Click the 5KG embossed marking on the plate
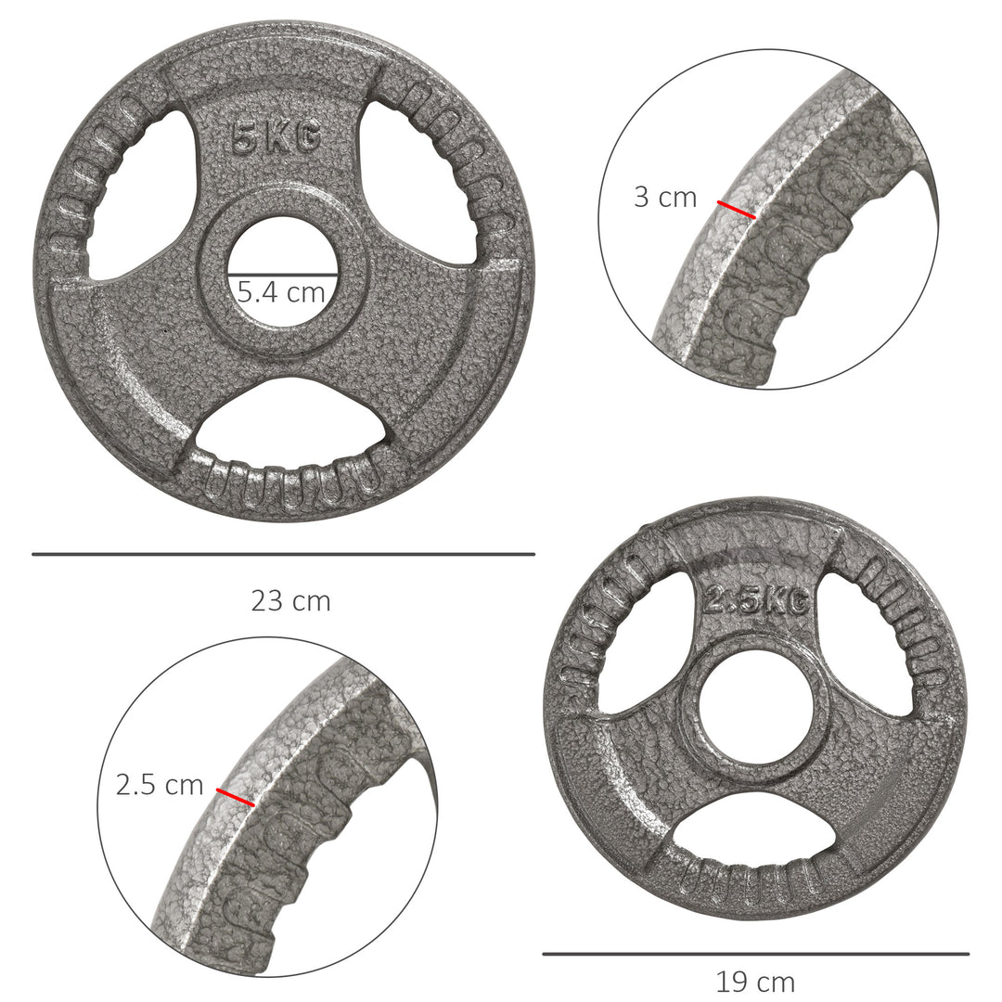point(276,139)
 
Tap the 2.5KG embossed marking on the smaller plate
point(753,601)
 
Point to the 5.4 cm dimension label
point(281,293)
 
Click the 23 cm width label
point(290,601)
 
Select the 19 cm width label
point(755,981)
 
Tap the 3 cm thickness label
point(665,197)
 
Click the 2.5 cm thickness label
point(160,785)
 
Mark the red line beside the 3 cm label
point(737,210)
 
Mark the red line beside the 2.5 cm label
point(235,797)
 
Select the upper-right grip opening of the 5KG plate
point(408,181)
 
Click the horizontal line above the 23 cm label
point(283,555)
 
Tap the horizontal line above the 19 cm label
point(755,954)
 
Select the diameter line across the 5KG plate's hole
point(283,275)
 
